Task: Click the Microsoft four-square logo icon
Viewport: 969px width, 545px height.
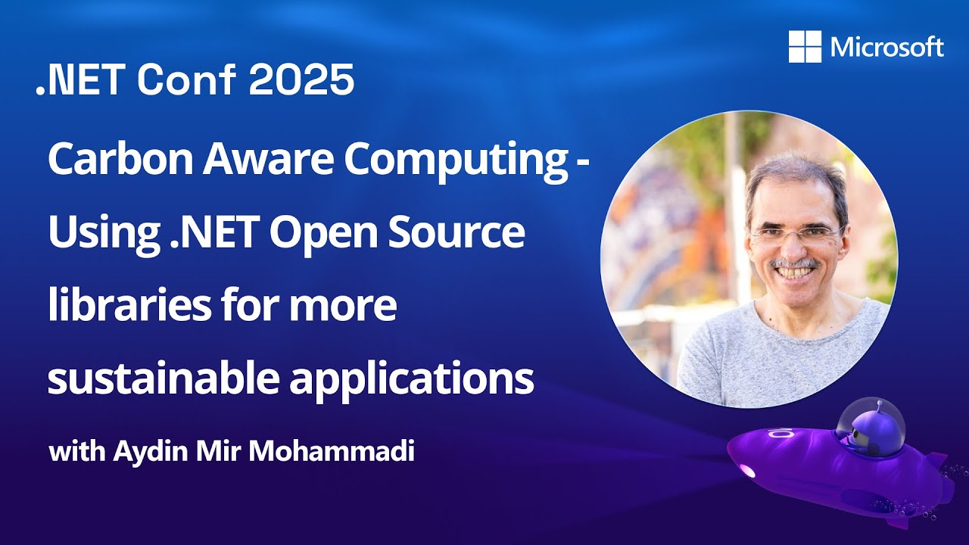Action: click(805, 47)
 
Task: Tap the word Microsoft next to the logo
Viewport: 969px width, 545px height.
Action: click(886, 47)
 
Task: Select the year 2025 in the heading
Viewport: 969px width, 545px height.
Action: click(301, 79)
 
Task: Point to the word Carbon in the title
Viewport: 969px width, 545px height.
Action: click(120, 158)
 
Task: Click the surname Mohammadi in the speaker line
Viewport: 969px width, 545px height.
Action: click(332, 450)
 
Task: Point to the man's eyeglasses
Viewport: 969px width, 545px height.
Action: click(796, 235)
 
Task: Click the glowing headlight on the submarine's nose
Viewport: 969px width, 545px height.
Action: click(747, 471)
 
